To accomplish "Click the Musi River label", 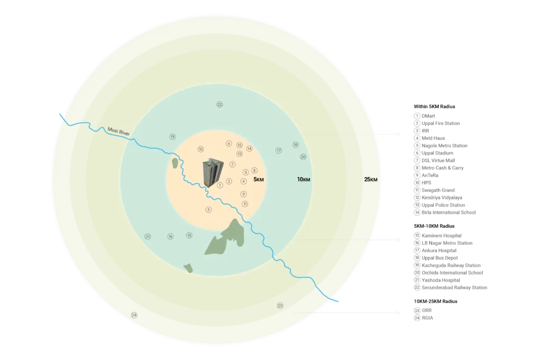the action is (119, 131).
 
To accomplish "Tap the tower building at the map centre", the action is (213, 172).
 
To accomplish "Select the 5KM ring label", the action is (258, 179).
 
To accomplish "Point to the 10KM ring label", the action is (303, 179).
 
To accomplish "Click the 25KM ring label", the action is (371, 179).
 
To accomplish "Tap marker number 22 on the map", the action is (219, 104).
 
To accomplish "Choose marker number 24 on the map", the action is (134, 315).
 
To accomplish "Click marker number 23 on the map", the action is (280, 306).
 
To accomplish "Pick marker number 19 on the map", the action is (172, 137).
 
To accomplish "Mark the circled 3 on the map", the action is (208, 210).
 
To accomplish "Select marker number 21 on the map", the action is (148, 237).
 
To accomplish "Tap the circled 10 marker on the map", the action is (200, 149).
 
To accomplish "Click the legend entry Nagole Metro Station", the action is (441, 145).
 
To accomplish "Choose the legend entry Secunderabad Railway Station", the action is (450, 287).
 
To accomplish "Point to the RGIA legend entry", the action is (423, 318).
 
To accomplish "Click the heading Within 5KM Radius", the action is (435, 106).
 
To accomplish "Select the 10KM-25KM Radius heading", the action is (436, 301).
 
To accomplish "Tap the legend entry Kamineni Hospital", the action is (438, 236).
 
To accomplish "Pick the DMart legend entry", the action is (425, 116).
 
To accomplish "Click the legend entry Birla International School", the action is (445, 212).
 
